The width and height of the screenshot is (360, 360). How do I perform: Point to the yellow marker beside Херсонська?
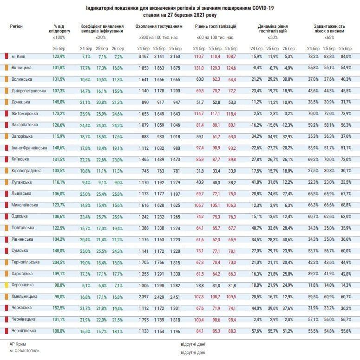coord(6,285)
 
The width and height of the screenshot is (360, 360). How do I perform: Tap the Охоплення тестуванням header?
coord(159,27)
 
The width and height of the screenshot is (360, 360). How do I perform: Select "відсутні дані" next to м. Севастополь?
coord(193,352)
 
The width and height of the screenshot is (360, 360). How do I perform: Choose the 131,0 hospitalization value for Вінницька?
coord(199,68)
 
